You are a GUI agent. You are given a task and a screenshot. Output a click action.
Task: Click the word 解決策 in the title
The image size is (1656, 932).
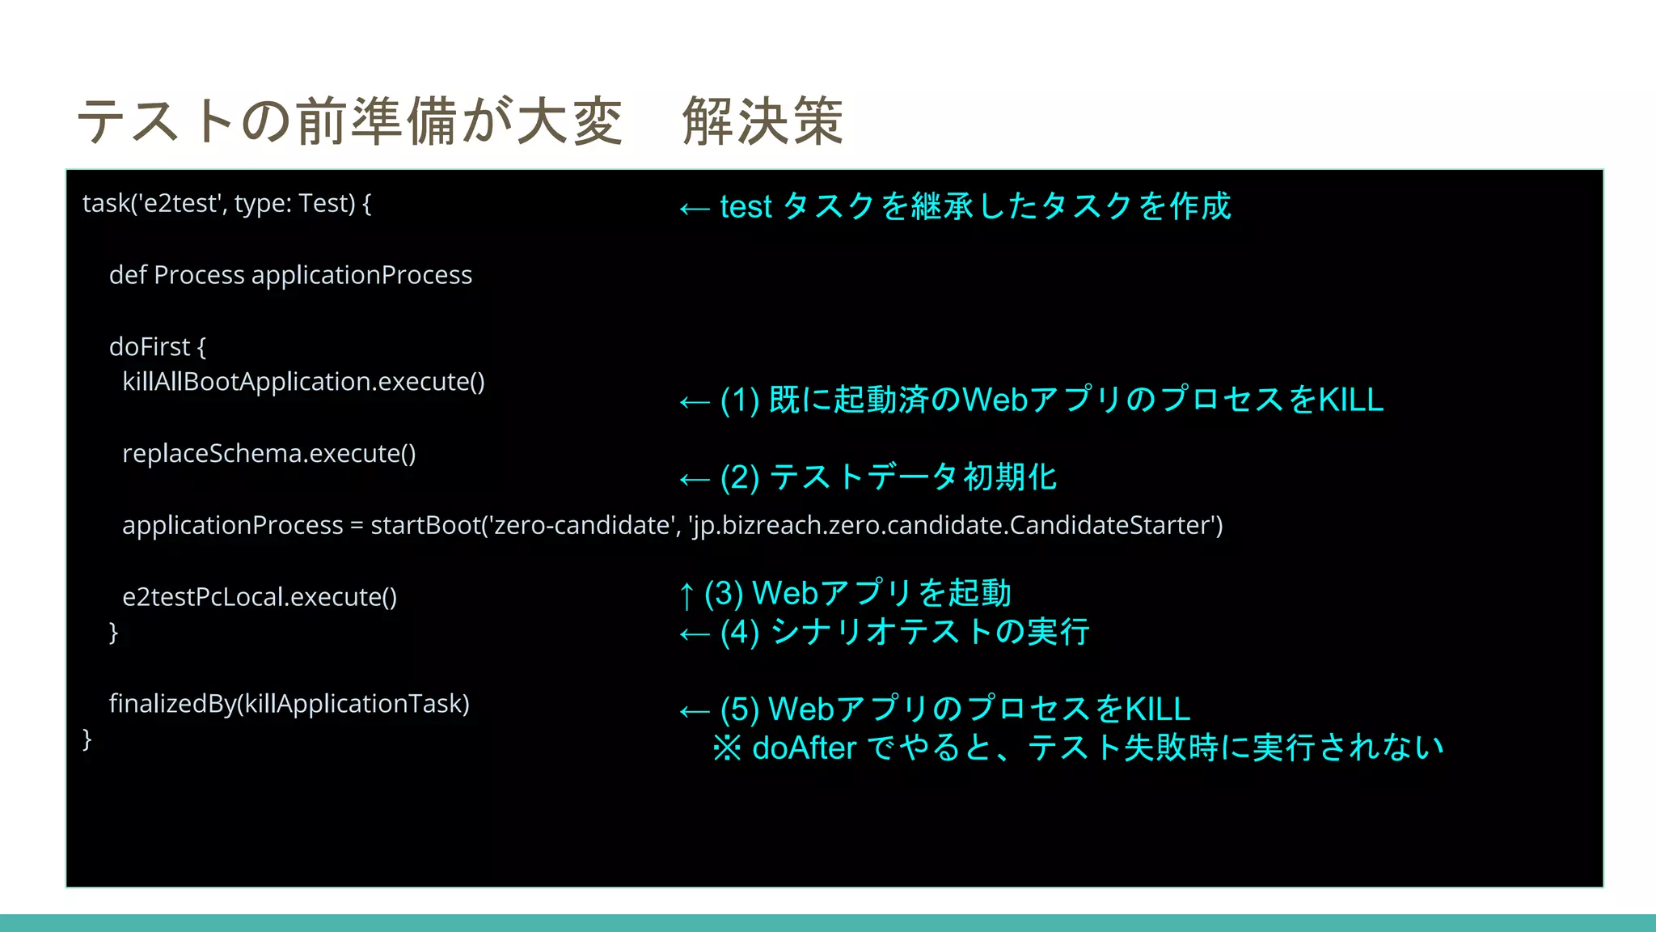(x=763, y=121)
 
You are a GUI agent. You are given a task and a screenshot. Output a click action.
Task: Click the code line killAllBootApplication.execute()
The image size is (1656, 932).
(x=303, y=381)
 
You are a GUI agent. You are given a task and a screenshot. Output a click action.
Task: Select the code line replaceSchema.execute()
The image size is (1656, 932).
(x=268, y=453)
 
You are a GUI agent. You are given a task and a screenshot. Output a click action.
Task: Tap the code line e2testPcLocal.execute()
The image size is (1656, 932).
(x=260, y=597)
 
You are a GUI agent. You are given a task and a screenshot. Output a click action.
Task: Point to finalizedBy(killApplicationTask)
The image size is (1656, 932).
(x=289, y=703)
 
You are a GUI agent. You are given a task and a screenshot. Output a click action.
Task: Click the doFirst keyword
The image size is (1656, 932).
(x=150, y=346)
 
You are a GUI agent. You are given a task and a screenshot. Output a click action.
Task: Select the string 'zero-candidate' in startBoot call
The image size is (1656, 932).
(x=581, y=525)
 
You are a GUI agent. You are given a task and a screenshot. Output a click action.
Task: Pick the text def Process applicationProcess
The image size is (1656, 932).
(x=290, y=275)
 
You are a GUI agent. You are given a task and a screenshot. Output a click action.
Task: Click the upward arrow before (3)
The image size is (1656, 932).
(x=686, y=595)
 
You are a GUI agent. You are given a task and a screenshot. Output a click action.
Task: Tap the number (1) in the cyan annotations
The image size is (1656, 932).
(x=739, y=400)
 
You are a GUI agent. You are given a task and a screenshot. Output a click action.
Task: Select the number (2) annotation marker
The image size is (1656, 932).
(x=739, y=477)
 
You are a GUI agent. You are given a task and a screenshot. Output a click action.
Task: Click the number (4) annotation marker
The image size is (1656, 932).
(x=739, y=632)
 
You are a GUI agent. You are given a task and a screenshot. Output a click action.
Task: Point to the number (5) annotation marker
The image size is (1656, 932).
(x=739, y=710)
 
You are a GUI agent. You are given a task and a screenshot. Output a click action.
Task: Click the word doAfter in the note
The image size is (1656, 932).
(x=804, y=748)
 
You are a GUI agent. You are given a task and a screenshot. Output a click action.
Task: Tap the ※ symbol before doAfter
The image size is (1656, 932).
(x=727, y=748)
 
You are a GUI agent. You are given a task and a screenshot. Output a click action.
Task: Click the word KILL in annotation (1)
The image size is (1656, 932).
(x=1350, y=400)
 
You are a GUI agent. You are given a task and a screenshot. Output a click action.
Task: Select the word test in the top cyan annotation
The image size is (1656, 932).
(x=746, y=207)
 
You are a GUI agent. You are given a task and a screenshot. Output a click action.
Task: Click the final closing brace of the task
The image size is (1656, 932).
(x=87, y=739)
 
